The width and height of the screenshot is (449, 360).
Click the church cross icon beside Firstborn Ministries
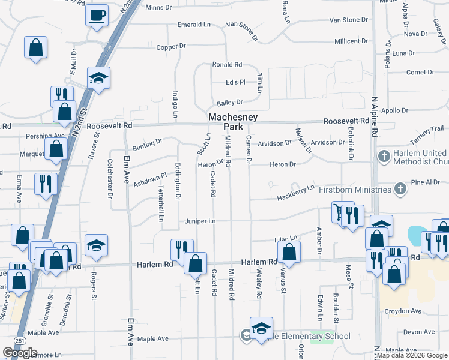pos(400,190)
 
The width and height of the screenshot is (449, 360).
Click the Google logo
pos(20,353)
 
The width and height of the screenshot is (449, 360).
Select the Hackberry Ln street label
pos(295,193)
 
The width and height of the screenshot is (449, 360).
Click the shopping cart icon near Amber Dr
pos(340,211)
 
